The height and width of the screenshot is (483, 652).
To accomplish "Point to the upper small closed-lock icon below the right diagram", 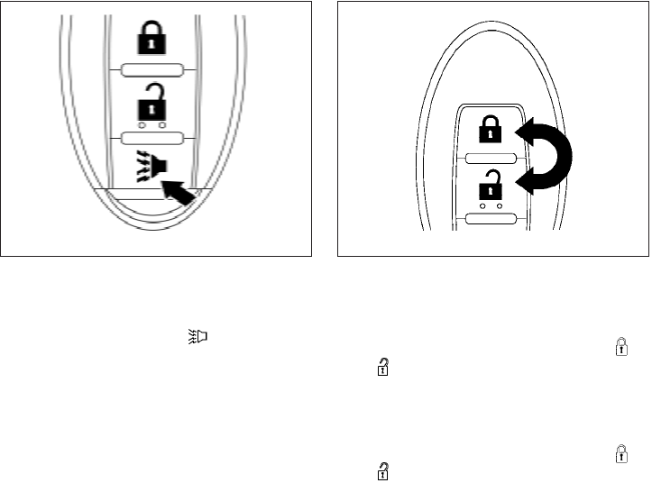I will pyautogui.click(x=620, y=345).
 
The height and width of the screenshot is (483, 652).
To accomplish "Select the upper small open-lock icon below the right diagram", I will pyautogui.click(x=383, y=366).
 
